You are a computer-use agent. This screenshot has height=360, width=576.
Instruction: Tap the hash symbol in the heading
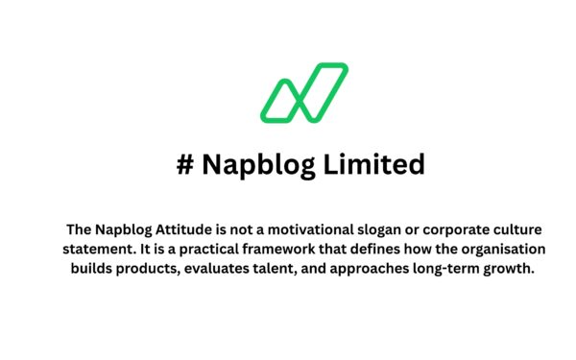coord(185,165)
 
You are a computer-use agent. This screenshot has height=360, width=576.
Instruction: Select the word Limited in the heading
coord(374,165)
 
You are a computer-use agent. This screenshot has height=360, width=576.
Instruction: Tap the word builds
coord(92,269)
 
